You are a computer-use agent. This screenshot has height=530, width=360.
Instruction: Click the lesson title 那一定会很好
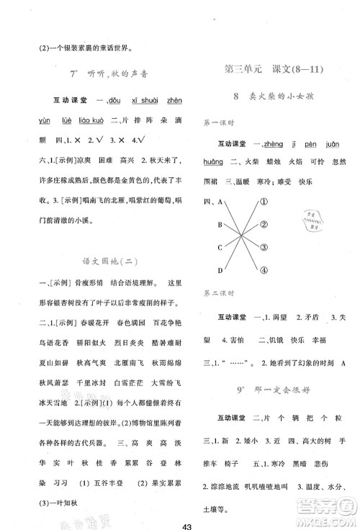282,374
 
